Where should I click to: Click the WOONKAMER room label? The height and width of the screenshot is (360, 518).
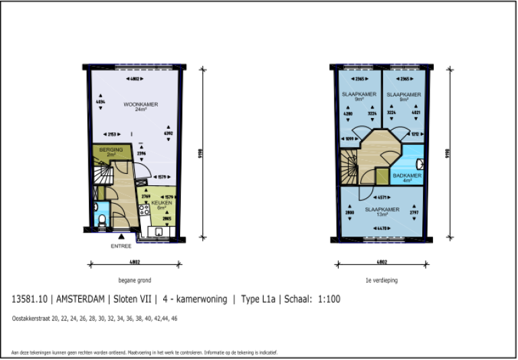pos(135,106)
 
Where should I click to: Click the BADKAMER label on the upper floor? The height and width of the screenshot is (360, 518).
pos(407,176)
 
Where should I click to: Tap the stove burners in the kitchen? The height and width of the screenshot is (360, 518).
pos(142,210)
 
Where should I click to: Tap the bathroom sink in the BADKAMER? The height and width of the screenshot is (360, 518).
pos(420,164)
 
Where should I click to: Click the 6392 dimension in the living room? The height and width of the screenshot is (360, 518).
pos(169,133)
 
